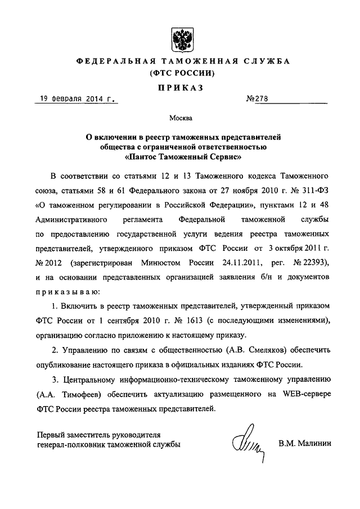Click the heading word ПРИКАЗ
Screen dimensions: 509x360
[179, 87]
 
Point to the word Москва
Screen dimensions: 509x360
[180, 119]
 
